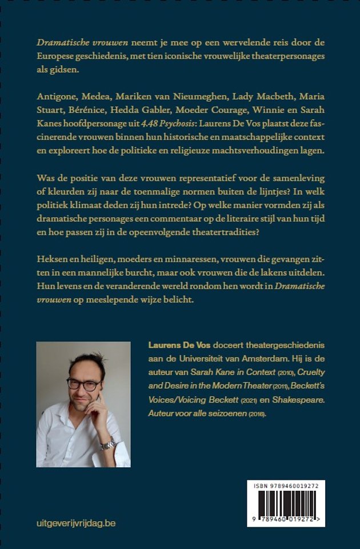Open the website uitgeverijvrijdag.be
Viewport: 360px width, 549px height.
coord(75,523)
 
